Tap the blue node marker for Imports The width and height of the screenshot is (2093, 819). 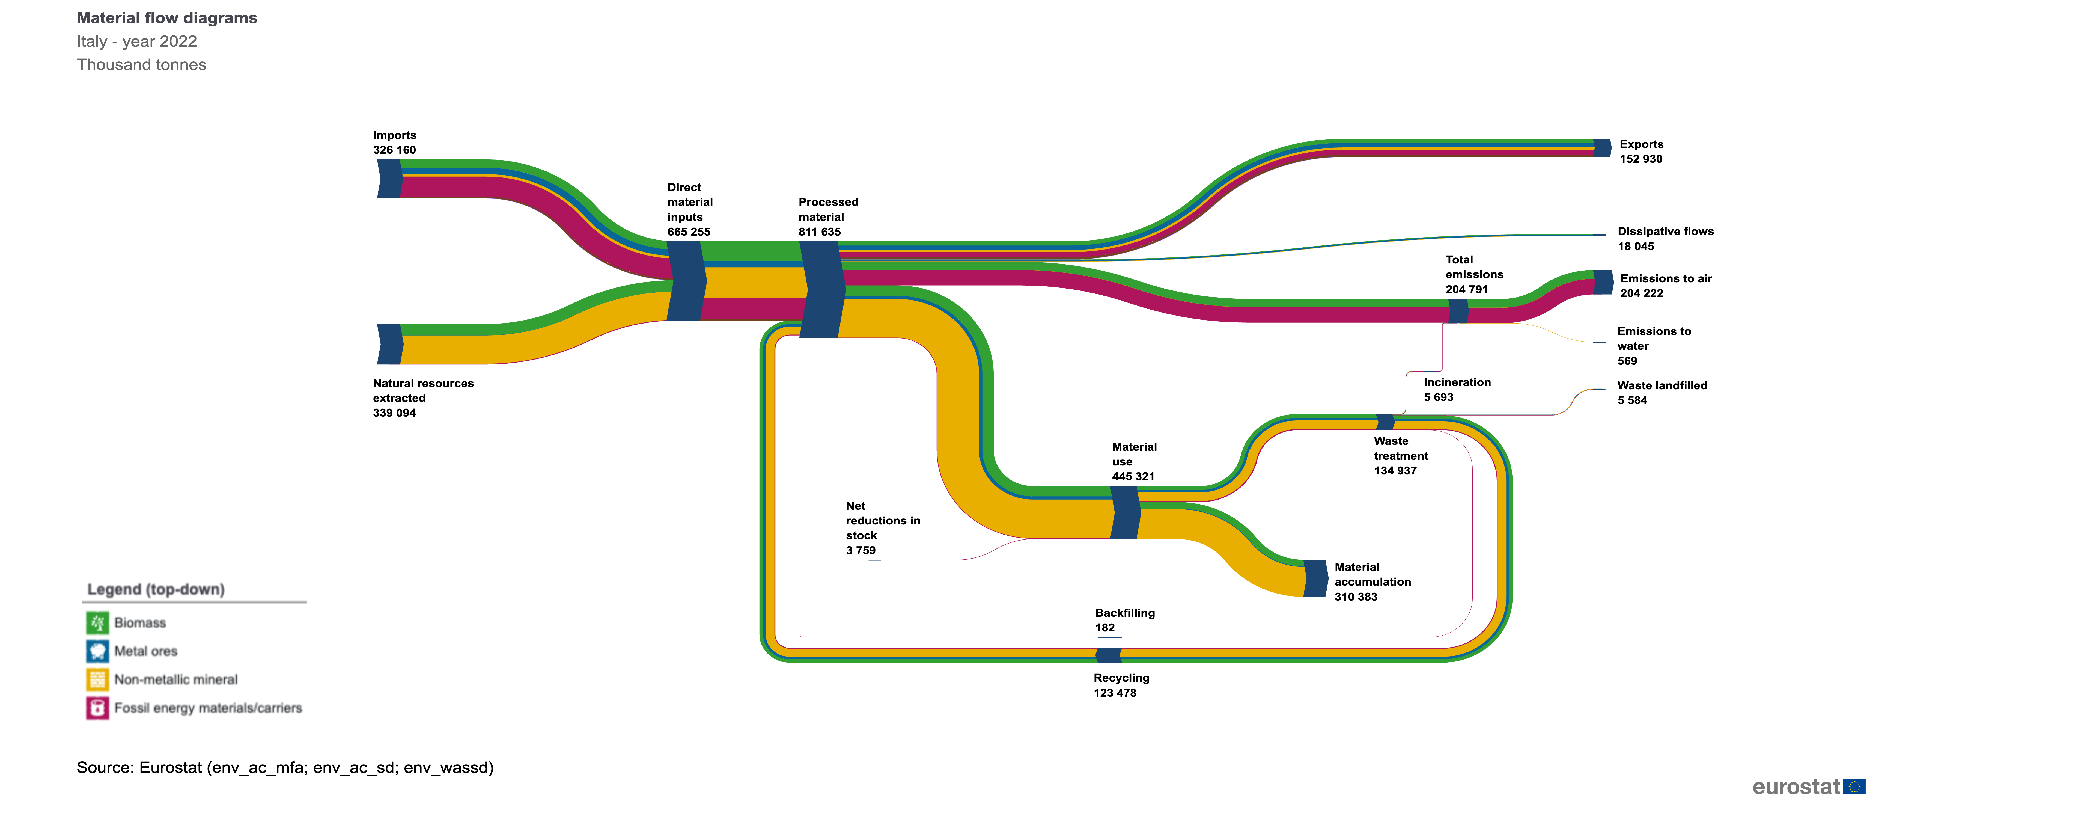390,179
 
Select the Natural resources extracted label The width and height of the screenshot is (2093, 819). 422,391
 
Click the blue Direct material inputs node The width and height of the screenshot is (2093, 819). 687,280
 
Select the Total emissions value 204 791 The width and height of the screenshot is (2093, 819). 1467,289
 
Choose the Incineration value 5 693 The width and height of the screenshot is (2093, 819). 1438,397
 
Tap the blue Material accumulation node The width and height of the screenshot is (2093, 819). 1315,578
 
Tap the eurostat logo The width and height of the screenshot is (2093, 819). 1808,787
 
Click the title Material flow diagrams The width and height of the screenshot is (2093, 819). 166,18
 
